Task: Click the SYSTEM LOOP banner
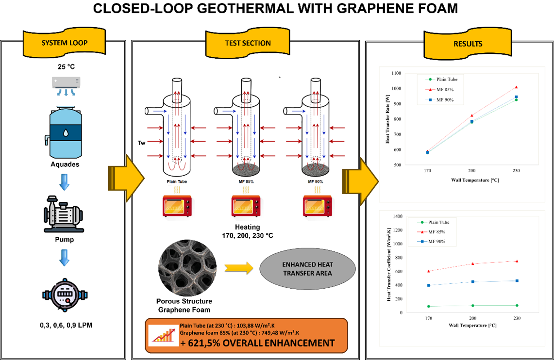[64, 42]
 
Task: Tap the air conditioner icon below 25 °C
[66, 86]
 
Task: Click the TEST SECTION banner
[248, 43]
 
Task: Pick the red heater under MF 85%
[246, 206]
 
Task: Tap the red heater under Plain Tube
[177, 206]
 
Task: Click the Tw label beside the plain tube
[141, 143]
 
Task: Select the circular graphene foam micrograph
[187, 268]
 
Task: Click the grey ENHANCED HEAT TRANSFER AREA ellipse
[307, 269]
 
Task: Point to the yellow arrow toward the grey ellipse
[239, 268]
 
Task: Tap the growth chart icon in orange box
[164, 335]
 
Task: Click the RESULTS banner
[468, 44]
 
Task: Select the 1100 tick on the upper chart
[396, 73]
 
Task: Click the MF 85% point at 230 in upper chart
[516, 87]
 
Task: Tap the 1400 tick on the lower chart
[398, 216]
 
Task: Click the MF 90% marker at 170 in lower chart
[429, 285]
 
